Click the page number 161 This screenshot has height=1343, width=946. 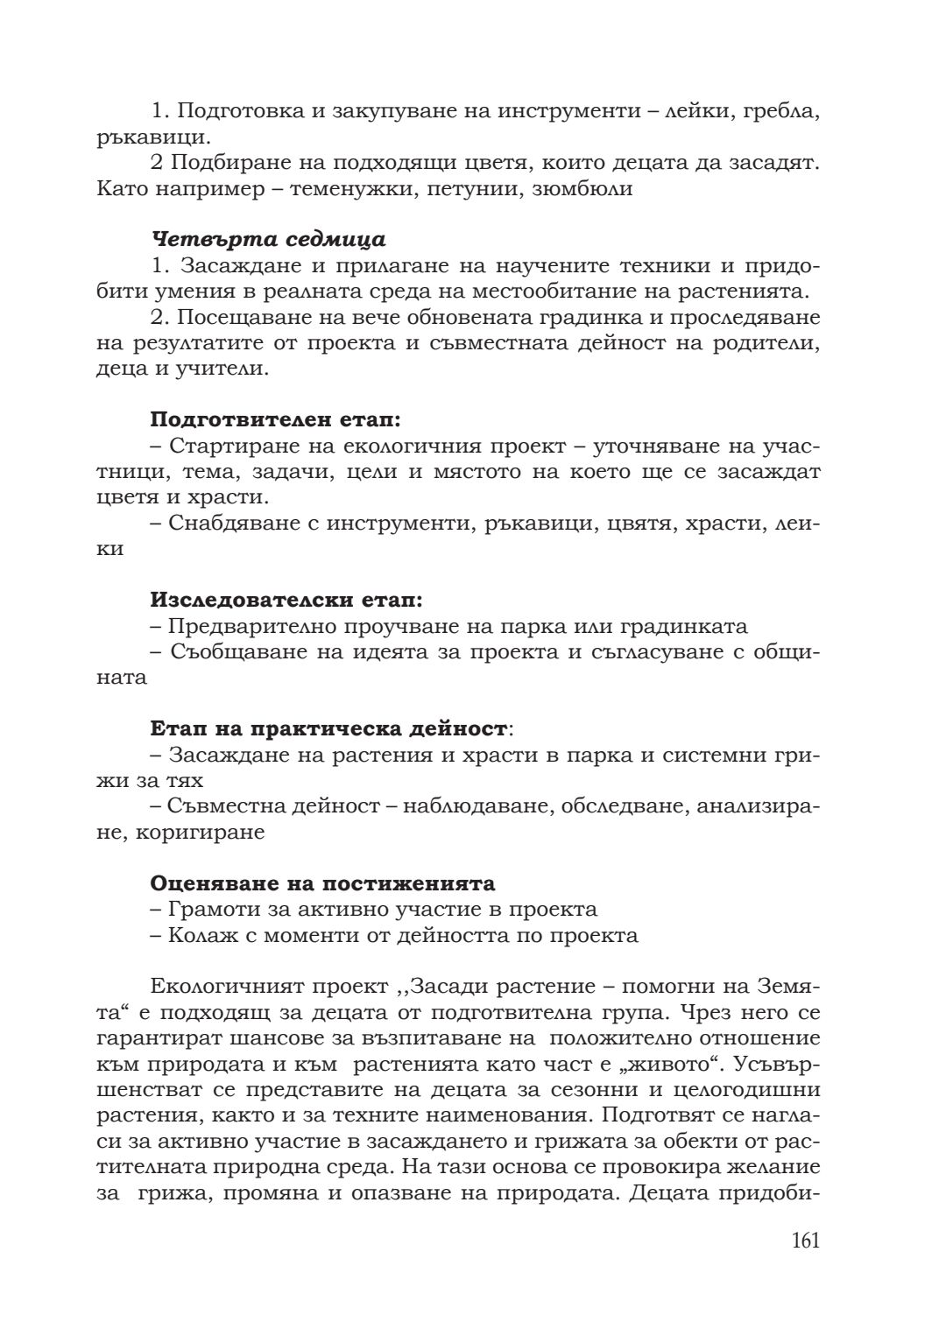805,1240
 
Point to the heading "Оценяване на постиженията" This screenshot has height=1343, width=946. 323,882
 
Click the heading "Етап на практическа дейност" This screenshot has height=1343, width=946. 328,728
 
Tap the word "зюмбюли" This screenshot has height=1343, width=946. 582,188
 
